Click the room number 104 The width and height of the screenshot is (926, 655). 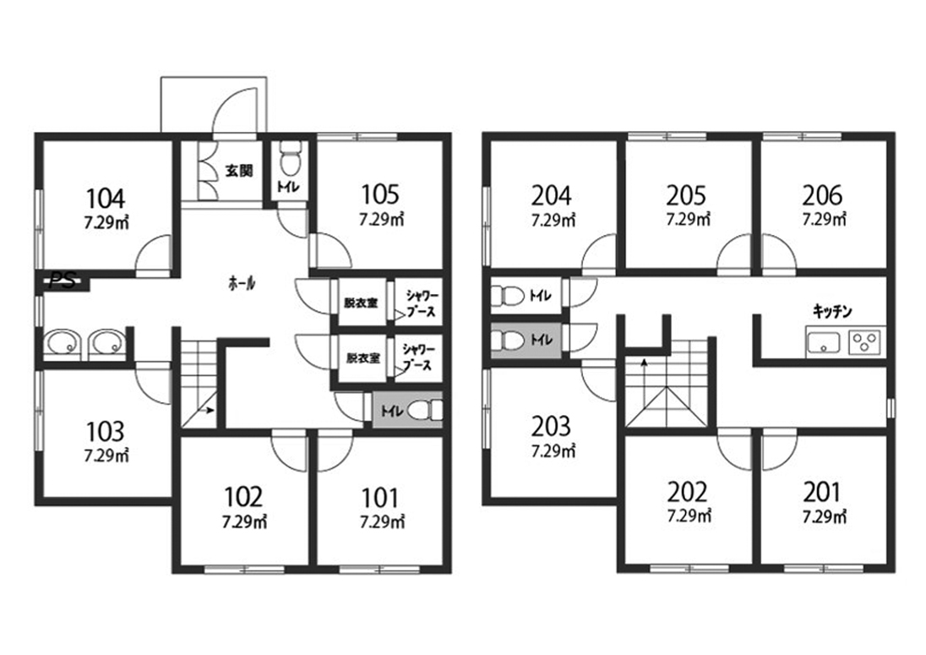106,199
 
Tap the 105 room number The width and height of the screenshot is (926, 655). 380,194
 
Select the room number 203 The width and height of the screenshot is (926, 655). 551,427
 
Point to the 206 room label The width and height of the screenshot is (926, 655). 823,195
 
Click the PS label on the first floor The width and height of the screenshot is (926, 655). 63,281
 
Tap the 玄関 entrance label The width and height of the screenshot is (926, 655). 239,171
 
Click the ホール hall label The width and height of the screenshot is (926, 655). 242,283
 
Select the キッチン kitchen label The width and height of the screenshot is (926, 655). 833,311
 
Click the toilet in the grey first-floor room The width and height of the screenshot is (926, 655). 424,409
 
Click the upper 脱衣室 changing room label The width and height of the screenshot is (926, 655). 362,303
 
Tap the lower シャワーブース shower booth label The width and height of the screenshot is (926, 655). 417,358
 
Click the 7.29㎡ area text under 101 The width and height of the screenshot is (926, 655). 382,522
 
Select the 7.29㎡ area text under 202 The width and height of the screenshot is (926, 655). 689,516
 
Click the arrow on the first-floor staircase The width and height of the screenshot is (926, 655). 208,410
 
